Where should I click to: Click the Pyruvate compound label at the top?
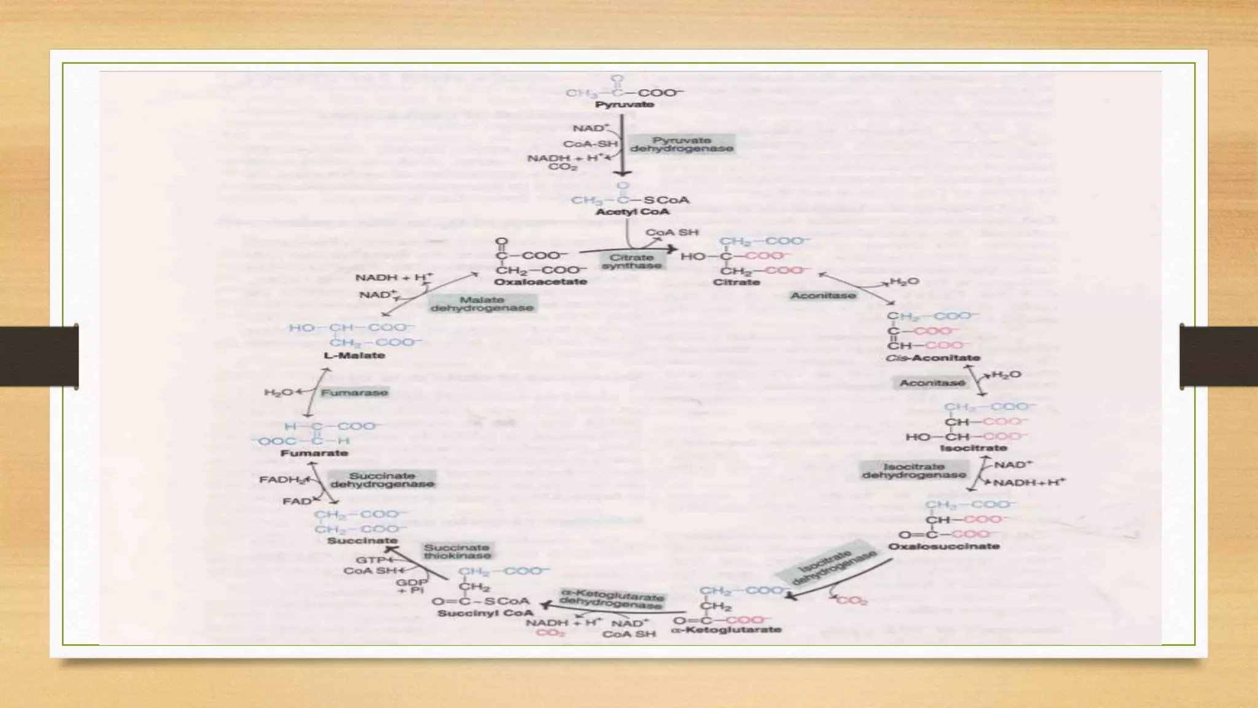624,104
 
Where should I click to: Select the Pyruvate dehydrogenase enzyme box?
682,144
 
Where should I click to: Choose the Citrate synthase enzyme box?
631,261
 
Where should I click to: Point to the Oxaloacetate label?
541,282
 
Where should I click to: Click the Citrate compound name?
736,282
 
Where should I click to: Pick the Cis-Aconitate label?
932,358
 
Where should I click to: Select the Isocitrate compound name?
974,448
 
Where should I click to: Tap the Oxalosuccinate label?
944,546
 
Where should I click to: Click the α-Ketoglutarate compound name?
727,629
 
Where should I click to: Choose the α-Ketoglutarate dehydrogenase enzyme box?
612,599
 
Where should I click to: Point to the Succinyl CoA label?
485,613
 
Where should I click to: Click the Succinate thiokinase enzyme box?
457,551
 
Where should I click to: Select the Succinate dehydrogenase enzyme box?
382,480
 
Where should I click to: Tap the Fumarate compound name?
314,453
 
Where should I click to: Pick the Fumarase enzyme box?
354,392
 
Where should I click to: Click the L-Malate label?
354,355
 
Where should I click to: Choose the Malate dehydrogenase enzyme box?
482,304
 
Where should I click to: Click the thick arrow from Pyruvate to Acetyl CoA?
622,144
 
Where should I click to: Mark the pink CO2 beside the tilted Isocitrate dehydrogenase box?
852,600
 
